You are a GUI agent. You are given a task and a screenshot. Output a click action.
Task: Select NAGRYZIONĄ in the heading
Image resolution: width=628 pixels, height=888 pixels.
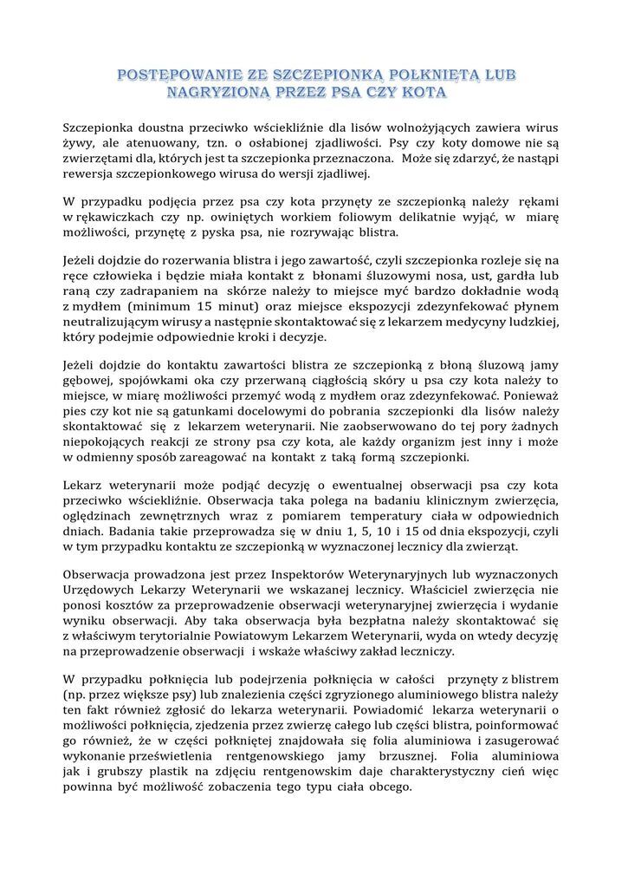(224, 91)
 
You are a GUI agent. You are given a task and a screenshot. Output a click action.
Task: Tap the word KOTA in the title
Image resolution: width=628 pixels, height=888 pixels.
(422, 91)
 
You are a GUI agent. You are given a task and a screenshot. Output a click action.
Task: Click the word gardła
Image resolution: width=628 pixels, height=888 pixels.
(516, 275)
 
